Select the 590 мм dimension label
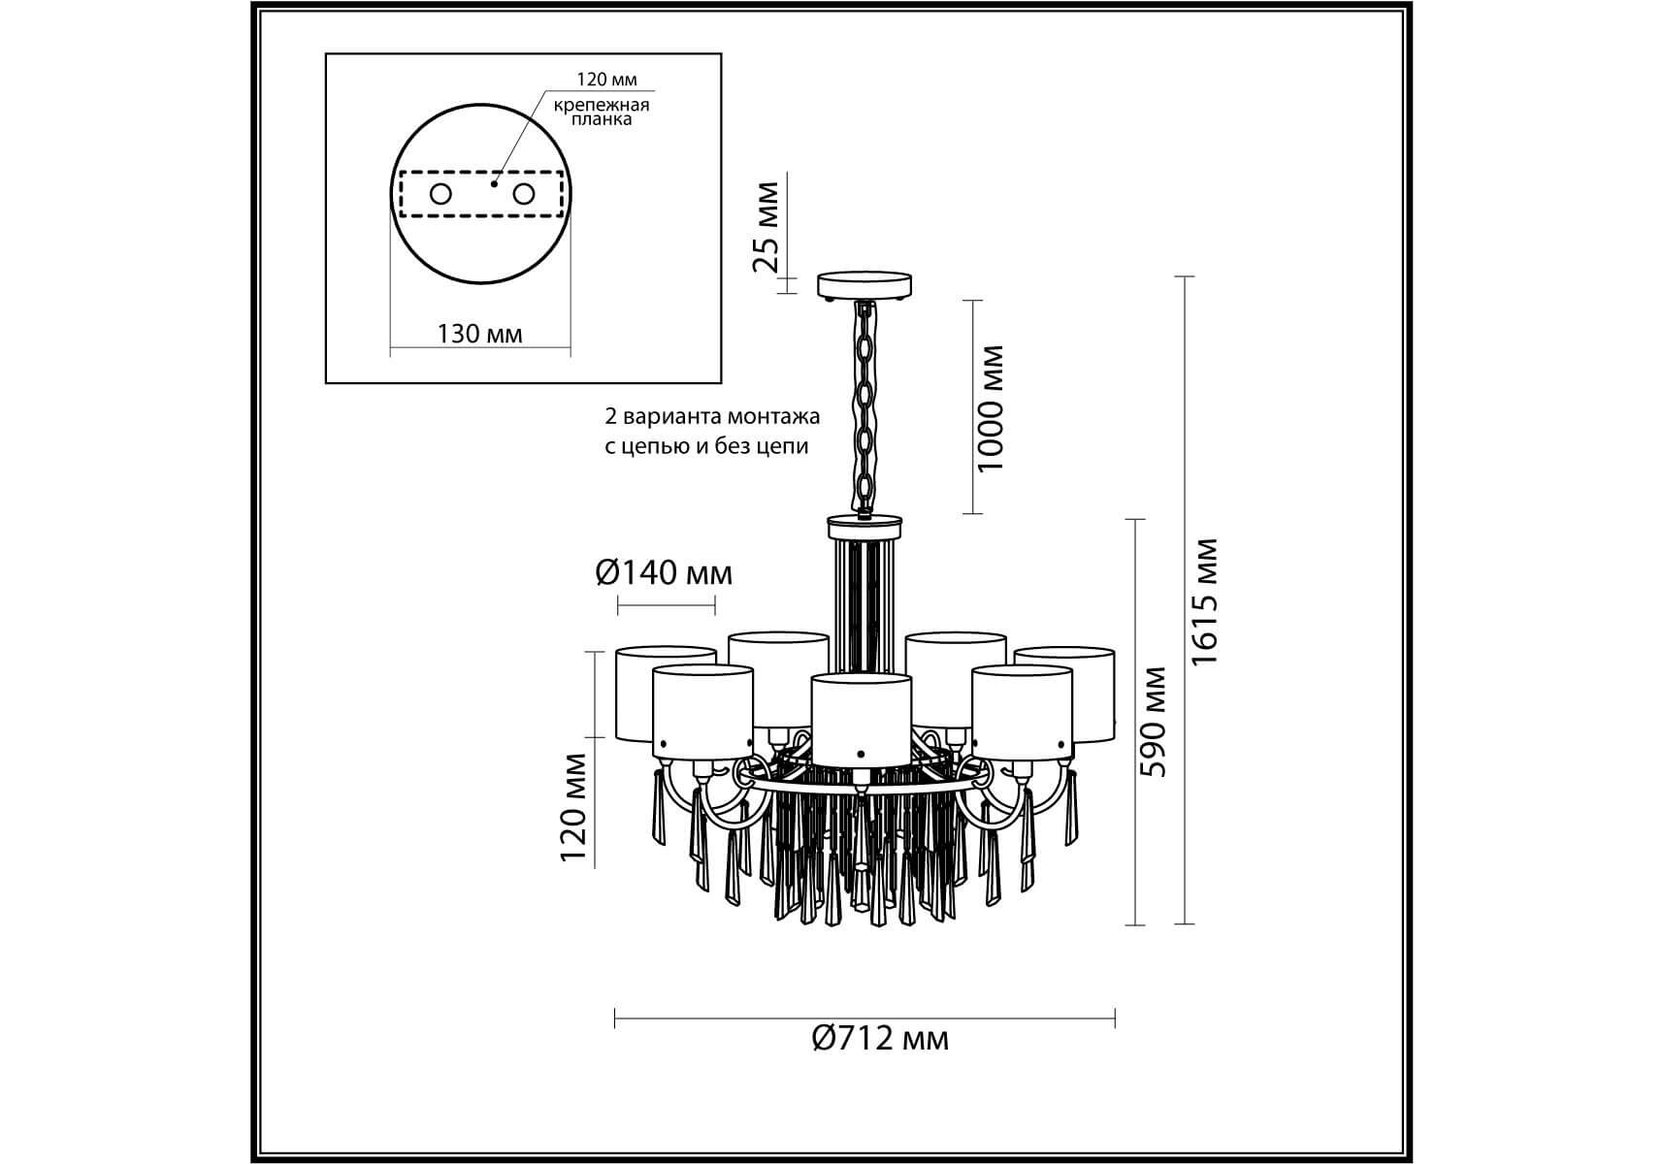pyautogui.click(x=1154, y=722)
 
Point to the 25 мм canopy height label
pyautogui.click(x=767, y=227)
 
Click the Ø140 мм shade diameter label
pyautogui.click(x=665, y=573)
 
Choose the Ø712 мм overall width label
pyautogui.click(x=880, y=1039)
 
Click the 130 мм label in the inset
pyautogui.click(x=479, y=335)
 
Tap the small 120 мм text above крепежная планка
pyautogui.click(x=607, y=81)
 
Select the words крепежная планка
pyautogui.click(x=602, y=112)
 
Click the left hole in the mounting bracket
pyautogui.click(x=440, y=194)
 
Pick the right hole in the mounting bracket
pyautogui.click(x=524, y=194)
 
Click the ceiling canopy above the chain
pyautogui.click(x=865, y=286)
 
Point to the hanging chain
pyautogui.click(x=864, y=406)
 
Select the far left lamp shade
pyautogui.click(x=666, y=694)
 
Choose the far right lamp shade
pyautogui.click(x=1065, y=695)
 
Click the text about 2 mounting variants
pyautogui.click(x=712, y=432)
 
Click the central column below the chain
pyautogui.click(x=865, y=595)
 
